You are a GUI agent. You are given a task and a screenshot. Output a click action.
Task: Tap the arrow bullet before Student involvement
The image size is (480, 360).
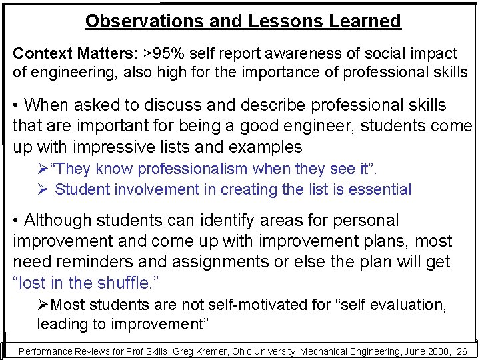click(x=43, y=189)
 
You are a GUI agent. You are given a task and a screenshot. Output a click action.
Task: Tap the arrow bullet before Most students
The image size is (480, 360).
click(x=43, y=305)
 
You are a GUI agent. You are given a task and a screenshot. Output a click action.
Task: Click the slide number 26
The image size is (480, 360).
click(x=462, y=351)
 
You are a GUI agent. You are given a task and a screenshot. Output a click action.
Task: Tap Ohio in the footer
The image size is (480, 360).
click(x=223, y=351)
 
